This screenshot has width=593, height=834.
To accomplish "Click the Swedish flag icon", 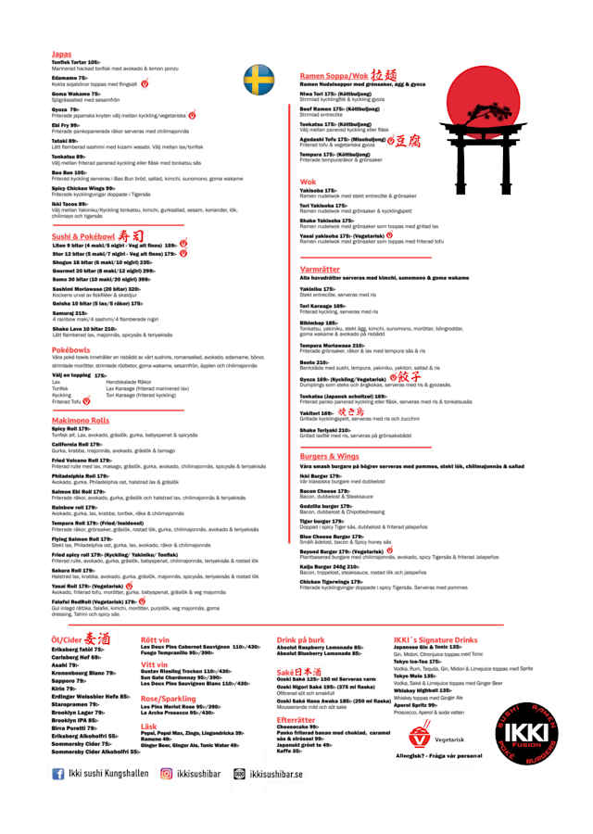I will pos(259,80).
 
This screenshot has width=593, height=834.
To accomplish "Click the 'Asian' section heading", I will pos(61,56).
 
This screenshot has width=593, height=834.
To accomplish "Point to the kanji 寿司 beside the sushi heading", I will pos(132,236).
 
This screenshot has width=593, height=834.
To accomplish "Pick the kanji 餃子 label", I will pos(409,377).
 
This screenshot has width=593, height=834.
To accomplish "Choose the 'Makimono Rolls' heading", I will pos(81,420).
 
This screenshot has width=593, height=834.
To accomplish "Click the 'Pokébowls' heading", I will pos(70,349).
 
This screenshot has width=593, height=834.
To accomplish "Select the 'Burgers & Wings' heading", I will pos(329,456).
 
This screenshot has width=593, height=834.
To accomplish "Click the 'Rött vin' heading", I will pos(155,639).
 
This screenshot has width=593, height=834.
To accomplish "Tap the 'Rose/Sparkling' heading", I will pos(168,698).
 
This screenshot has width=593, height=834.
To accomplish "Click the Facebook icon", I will pos(58,773).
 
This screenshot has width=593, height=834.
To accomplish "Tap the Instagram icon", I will pos(167,773).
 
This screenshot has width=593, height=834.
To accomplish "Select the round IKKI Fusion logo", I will pos(526,732).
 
